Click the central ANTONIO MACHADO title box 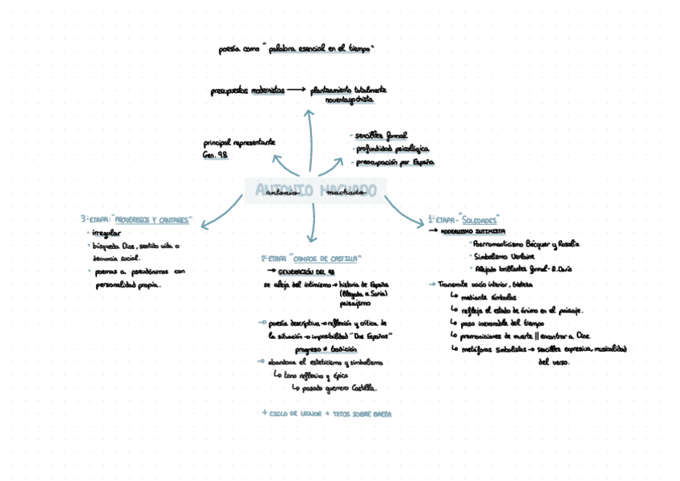coord(315,190)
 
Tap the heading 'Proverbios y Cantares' coord(153,219)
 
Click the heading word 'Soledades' coord(480,219)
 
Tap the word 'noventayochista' coord(349,100)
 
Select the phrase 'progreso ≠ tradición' coord(325,350)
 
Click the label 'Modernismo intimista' coord(473,231)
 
